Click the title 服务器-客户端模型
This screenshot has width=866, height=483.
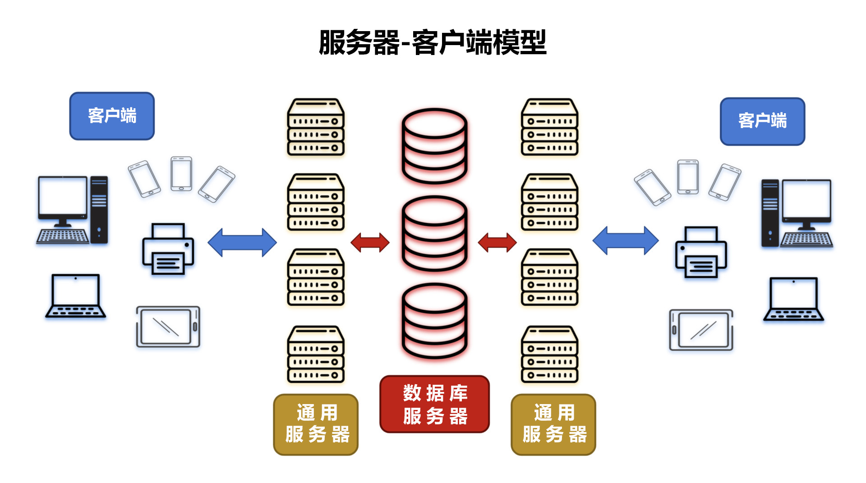pyautogui.click(x=433, y=43)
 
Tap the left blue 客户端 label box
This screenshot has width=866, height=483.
pyautogui.click(x=112, y=116)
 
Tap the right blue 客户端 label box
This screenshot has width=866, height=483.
pyautogui.click(x=762, y=121)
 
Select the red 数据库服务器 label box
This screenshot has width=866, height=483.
pyautogui.click(x=434, y=404)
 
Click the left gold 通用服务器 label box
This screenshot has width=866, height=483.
pyautogui.click(x=316, y=424)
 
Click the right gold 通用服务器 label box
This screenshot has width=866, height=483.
pyautogui.click(x=553, y=424)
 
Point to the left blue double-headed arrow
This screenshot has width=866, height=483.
pyautogui.click(x=242, y=242)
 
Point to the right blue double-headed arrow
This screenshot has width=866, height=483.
pyautogui.click(x=626, y=240)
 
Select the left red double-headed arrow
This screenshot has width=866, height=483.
pyautogui.click(x=370, y=242)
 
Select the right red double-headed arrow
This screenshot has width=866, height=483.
pyautogui.click(x=497, y=242)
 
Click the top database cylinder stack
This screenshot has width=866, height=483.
pyautogui.click(x=434, y=146)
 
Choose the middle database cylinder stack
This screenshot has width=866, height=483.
pyautogui.click(x=434, y=233)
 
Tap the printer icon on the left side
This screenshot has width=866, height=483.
pyautogui.click(x=168, y=249)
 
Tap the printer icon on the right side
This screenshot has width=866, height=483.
pyautogui.click(x=700, y=252)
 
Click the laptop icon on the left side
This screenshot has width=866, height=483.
pyautogui.click(x=76, y=296)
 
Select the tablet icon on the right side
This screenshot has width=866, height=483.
pyautogui.click(x=701, y=330)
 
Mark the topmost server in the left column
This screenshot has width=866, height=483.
pyautogui.click(x=316, y=127)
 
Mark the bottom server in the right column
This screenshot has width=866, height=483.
pyautogui.click(x=549, y=354)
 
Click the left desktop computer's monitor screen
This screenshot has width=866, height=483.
pyautogui.click(x=63, y=196)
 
